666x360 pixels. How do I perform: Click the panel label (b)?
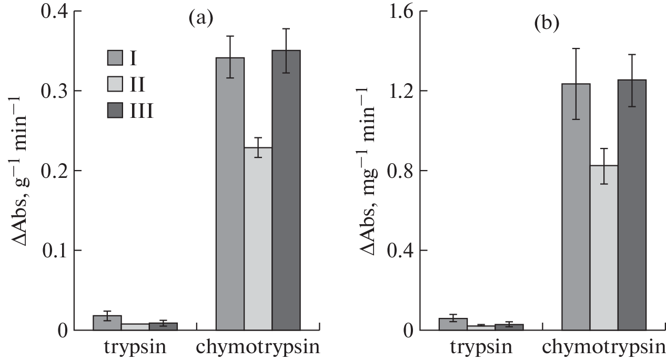[546, 24]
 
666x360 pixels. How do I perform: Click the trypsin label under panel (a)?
[135, 348]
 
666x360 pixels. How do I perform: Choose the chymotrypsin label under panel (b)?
[603, 348]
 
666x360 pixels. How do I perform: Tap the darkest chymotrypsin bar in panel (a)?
[286, 190]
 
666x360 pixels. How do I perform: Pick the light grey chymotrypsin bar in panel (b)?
[604, 247]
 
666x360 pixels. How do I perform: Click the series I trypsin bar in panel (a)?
[107, 323]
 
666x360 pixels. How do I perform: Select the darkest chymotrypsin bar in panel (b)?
[631, 205]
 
